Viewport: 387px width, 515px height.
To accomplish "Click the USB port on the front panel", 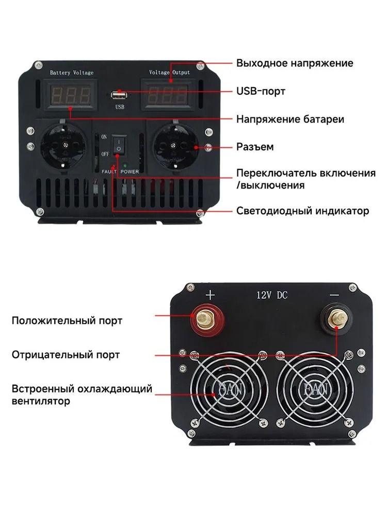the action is (119, 95).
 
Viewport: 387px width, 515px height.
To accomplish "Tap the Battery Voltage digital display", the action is (71, 96).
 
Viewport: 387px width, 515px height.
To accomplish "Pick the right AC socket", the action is (175, 146).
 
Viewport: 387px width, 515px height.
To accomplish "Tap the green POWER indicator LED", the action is (125, 166).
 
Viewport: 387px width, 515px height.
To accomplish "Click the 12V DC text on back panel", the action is (272, 295).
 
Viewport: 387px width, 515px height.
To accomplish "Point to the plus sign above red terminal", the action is (210, 295).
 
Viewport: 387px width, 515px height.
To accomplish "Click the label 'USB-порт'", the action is (261, 91).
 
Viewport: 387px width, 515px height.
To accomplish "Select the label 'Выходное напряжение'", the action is (295, 63).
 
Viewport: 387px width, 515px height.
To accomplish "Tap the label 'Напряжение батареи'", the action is (290, 119).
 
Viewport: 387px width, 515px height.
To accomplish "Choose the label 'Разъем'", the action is (255, 146).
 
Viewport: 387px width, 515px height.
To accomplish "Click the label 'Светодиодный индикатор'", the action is (302, 211).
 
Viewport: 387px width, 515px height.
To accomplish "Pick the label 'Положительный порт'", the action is (67, 320).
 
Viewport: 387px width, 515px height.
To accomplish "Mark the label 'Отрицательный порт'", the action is (66, 355).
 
